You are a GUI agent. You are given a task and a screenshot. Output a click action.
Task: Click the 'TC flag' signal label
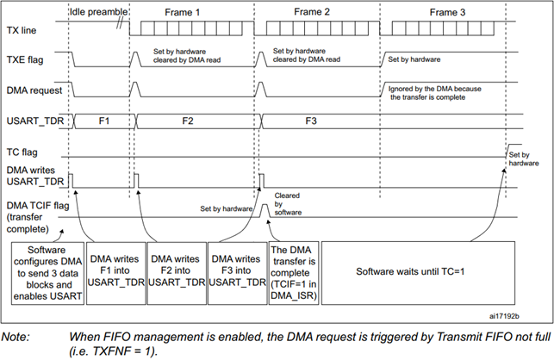click(x=23, y=150)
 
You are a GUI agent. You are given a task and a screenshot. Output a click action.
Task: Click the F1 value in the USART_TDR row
click(x=103, y=120)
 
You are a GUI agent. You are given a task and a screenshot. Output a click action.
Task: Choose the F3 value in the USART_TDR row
click(x=309, y=120)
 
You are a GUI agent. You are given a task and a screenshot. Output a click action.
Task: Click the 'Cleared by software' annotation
click(x=287, y=201)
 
